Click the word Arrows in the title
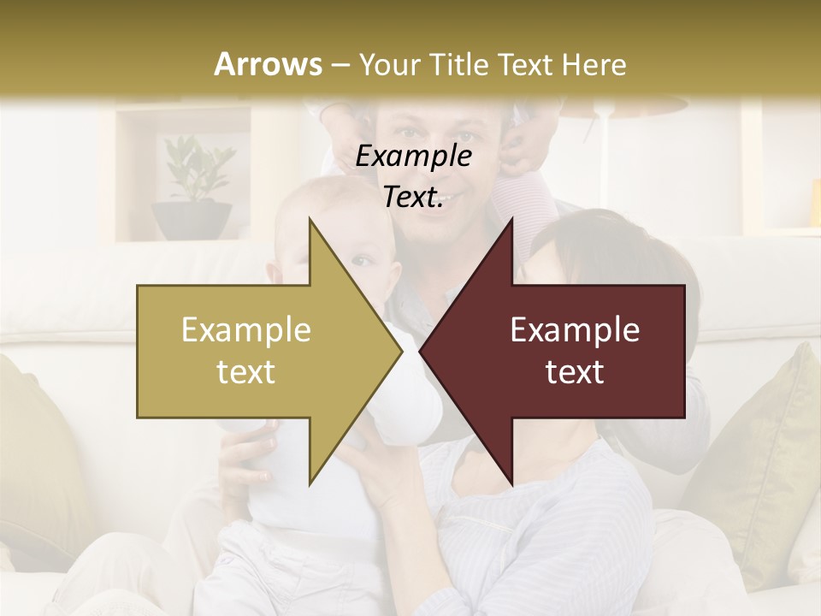point(268,64)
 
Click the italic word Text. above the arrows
point(413,198)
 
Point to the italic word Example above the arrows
point(413,157)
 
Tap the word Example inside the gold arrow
point(246,330)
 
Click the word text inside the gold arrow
point(246,372)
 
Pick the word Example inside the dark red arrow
point(575,330)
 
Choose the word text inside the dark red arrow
point(575,372)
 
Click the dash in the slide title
point(340,65)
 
